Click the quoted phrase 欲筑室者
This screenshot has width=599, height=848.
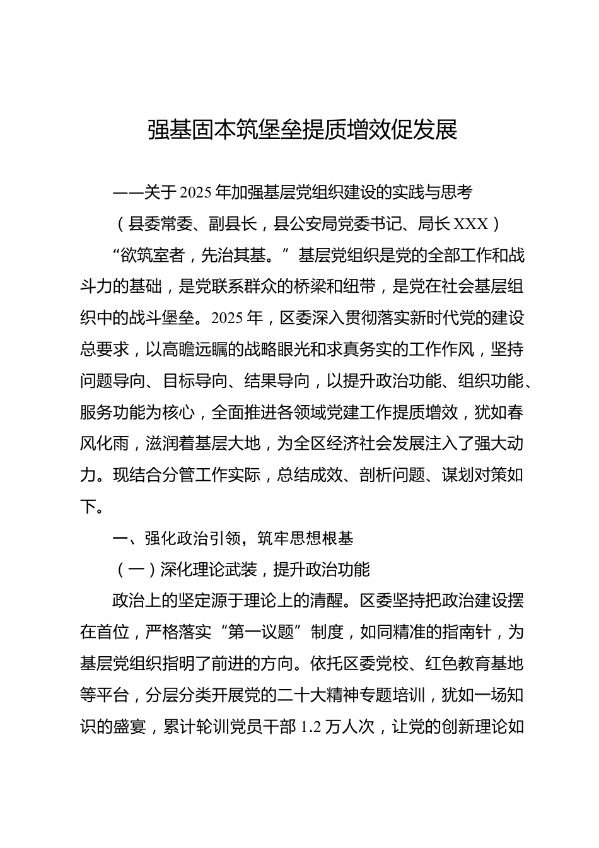coord(152,255)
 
